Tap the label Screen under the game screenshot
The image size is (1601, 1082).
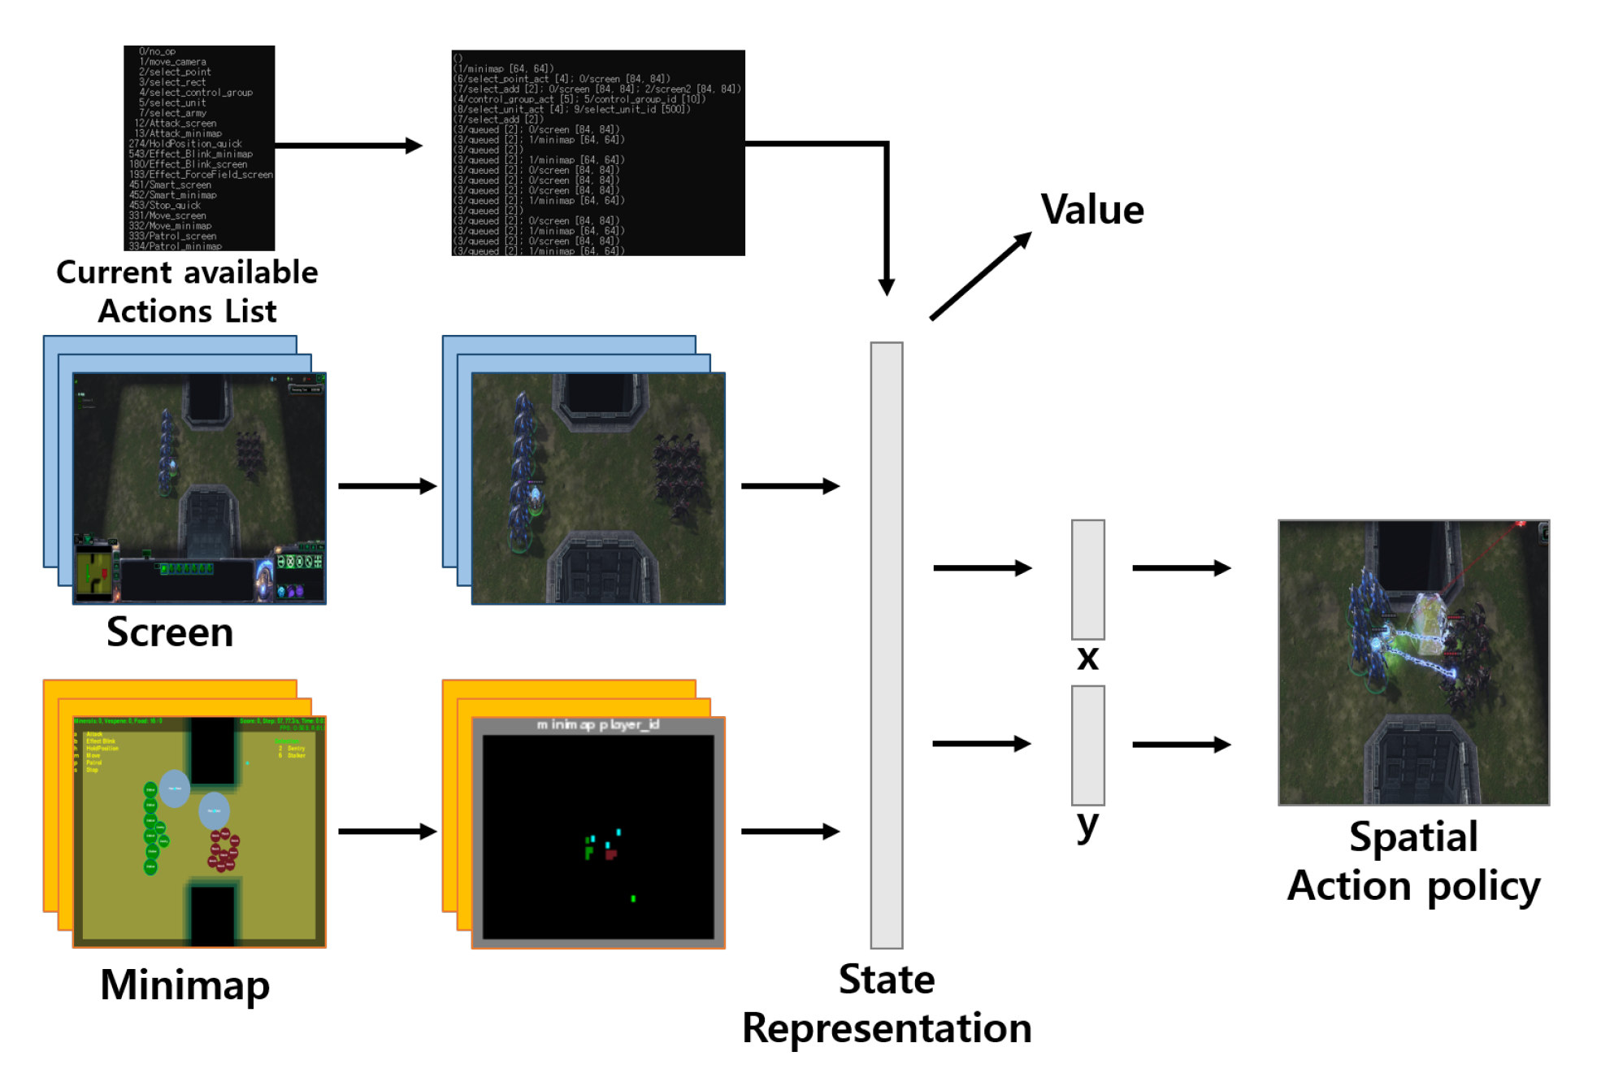click(170, 632)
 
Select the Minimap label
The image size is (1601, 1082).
click(184, 984)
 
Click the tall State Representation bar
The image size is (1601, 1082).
click(886, 644)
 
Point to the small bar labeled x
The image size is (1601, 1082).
click(1087, 579)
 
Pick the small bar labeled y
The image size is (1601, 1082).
click(1087, 745)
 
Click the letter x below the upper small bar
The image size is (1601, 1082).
click(1087, 657)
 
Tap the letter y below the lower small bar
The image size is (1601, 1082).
click(1087, 825)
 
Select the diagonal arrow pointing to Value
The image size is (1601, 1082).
click(980, 276)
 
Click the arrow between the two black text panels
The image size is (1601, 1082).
click(349, 146)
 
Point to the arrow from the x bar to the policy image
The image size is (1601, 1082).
click(1181, 567)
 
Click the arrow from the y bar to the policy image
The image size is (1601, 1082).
click(1181, 744)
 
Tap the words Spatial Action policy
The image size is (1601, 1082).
click(1413, 861)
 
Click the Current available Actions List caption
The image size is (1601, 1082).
click(187, 291)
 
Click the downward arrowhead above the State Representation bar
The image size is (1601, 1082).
click(886, 286)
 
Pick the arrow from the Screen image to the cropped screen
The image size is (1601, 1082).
click(387, 486)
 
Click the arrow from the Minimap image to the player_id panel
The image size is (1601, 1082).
click(387, 831)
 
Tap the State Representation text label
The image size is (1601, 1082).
click(886, 1003)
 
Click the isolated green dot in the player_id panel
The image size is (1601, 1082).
click(633, 898)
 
